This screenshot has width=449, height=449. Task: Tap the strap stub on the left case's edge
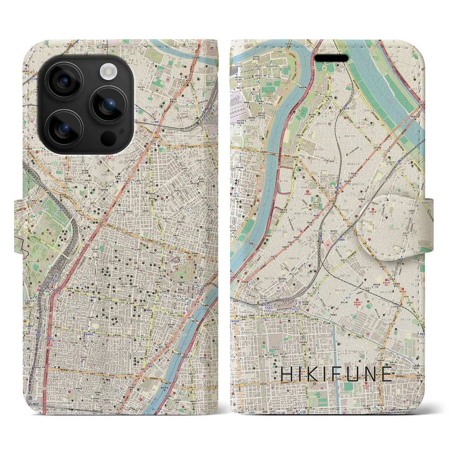[20, 226]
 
